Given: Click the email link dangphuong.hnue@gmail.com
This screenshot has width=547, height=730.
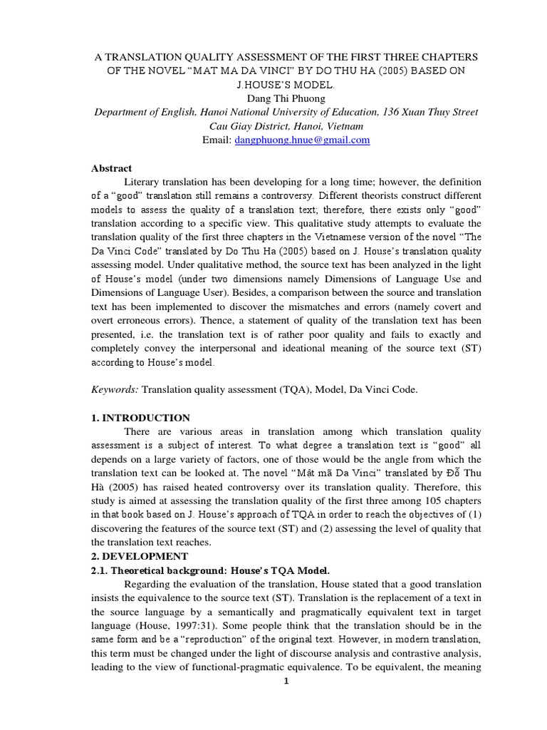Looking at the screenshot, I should (x=302, y=140).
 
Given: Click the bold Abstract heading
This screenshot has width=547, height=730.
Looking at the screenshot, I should (x=112, y=168).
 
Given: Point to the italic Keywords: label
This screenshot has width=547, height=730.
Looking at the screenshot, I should (x=115, y=390).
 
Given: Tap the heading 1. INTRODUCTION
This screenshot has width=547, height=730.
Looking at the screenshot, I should (x=140, y=418).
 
